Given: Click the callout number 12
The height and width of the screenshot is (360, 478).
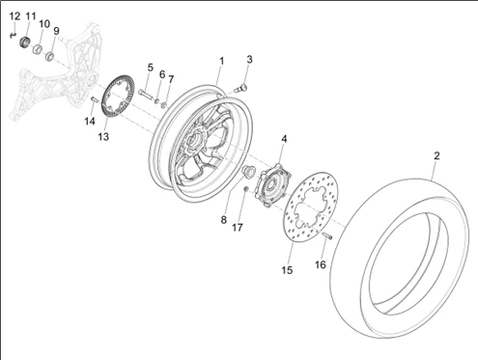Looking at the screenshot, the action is pos(14,16).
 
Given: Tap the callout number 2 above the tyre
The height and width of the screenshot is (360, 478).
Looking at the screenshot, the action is pos(436,156).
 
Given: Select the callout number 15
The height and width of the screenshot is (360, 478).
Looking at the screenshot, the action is pos(287,270).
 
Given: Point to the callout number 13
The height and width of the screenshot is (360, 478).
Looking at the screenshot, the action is pos(103,137).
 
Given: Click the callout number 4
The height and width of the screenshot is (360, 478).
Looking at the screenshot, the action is pos(284,139).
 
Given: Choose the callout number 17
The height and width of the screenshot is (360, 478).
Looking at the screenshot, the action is pos(238,228).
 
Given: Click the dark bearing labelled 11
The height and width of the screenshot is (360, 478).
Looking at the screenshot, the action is pos(25,42).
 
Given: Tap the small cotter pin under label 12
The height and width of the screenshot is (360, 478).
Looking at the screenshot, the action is pos(13,35).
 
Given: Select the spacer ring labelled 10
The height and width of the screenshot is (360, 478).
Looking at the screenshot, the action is pos(38,49).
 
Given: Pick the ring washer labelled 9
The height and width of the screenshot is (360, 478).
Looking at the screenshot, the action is pos(49,56).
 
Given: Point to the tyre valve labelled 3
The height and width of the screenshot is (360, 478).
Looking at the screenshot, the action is pos(241,87).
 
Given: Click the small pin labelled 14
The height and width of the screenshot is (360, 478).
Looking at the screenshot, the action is pos(94,99).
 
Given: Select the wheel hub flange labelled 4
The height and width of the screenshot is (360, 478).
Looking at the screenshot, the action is pos(273,184).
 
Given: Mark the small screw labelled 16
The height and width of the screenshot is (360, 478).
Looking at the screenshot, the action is pos(327,235).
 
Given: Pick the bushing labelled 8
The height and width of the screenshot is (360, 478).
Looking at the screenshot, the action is pos(248,170).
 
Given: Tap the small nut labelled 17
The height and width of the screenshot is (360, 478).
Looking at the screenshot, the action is pos(245,189).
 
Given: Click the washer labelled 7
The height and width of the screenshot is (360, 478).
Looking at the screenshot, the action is pos(164,104).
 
